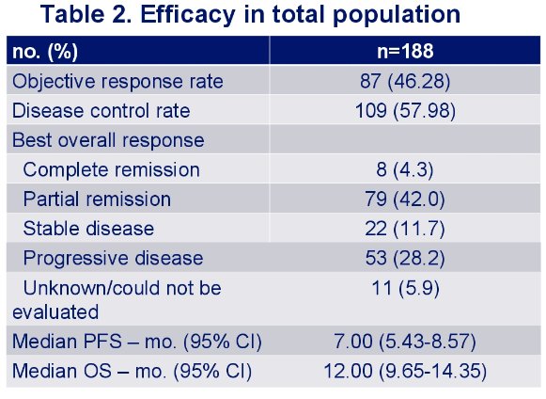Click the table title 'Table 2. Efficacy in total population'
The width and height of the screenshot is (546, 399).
click(x=250, y=15)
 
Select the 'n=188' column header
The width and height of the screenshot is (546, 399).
click(x=405, y=51)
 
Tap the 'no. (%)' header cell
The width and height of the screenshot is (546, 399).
click(x=45, y=52)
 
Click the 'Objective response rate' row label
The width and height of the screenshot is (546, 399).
click(x=117, y=82)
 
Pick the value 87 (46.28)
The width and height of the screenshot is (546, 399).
click(x=405, y=81)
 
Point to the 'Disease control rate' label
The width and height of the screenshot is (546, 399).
click(x=101, y=111)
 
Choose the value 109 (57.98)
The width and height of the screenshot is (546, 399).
click(x=405, y=111)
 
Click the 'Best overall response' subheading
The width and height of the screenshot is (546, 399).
click(x=108, y=140)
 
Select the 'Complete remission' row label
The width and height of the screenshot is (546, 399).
click(x=112, y=169)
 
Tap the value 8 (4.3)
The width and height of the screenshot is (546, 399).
click(x=405, y=169)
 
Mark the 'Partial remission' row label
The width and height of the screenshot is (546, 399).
click(x=97, y=199)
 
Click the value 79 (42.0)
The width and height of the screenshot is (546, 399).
click(x=405, y=199)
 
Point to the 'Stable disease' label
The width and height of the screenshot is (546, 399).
click(x=88, y=229)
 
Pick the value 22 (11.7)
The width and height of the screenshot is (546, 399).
click(x=405, y=229)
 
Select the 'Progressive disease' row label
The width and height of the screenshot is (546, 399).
click(x=113, y=259)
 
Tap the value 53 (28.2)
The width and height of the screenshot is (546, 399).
click(x=405, y=259)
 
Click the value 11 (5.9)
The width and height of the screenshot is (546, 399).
click(x=406, y=289)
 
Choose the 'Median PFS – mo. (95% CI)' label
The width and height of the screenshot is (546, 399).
click(x=137, y=341)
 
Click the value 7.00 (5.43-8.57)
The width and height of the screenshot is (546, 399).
click(x=405, y=341)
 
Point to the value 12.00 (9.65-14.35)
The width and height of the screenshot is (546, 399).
click(x=405, y=371)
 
